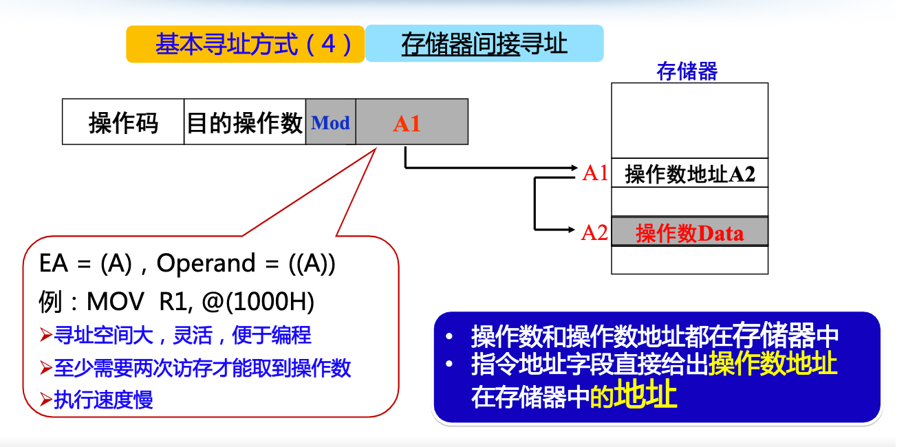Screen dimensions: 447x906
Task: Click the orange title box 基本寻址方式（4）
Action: [245, 44]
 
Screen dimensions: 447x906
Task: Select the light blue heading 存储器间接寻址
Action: [484, 44]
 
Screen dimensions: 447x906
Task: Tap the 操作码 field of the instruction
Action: [123, 122]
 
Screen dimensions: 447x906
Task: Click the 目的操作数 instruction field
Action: [245, 122]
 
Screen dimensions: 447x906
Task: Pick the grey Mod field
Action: [331, 122]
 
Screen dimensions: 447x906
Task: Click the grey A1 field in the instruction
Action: [411, 122]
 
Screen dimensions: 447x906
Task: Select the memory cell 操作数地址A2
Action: [689, 174]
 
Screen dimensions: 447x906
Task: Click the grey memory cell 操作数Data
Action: [689, 232]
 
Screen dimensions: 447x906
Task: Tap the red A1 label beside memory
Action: [595, 173]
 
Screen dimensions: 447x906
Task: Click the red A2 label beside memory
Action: [594, 232]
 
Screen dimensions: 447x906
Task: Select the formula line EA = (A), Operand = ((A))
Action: [188, 263]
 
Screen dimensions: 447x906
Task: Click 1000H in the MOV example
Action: [283, 301]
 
